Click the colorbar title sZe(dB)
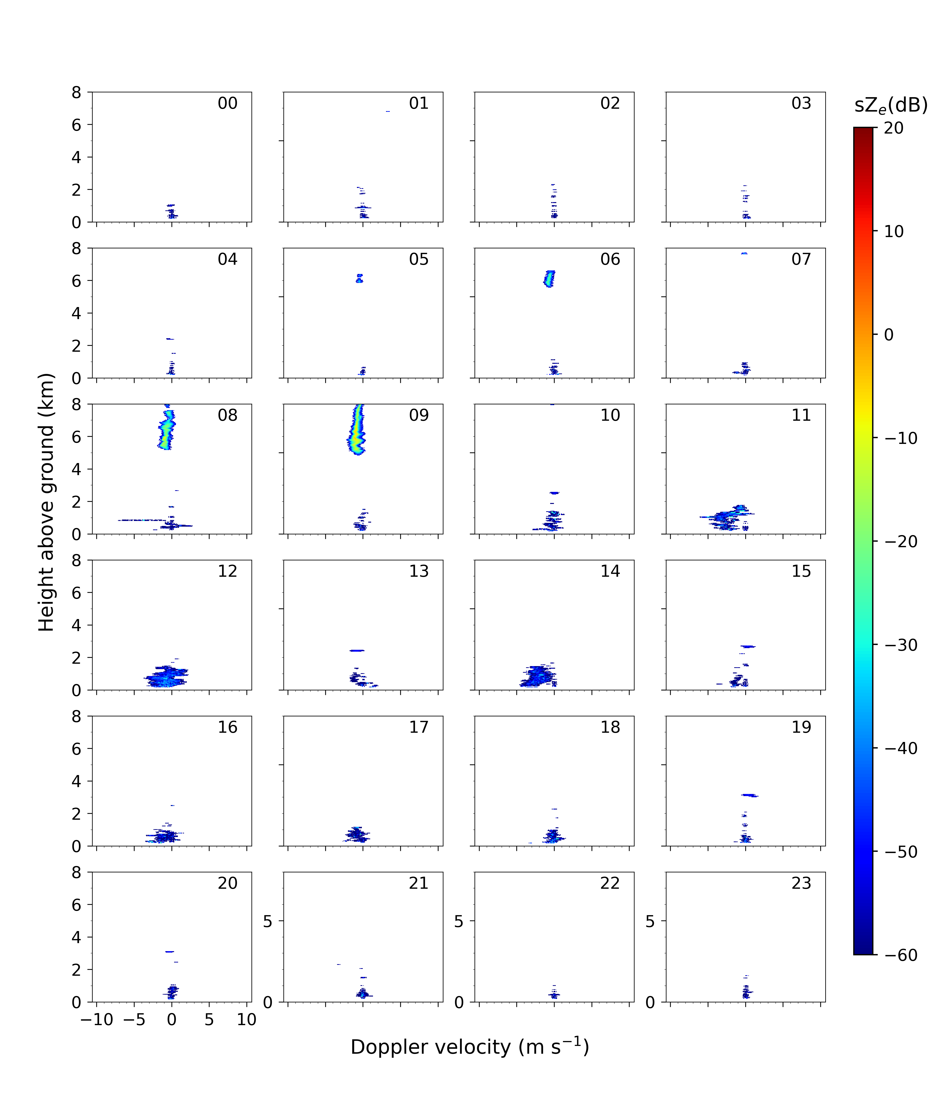coord(891,105)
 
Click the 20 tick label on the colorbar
coord(894,128)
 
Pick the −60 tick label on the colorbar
coord(901,955)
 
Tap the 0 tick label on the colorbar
coord(888,335)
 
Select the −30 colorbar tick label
coord(901,645)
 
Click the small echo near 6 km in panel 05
coord(360,278)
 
